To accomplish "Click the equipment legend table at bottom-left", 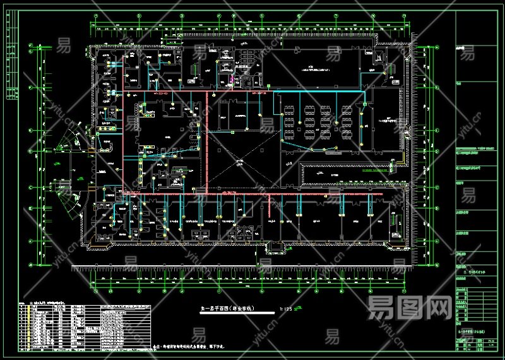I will [85, 326].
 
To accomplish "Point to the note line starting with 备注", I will [189, 347].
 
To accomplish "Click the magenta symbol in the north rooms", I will [231, 80].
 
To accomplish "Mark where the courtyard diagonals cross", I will [241, 162].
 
